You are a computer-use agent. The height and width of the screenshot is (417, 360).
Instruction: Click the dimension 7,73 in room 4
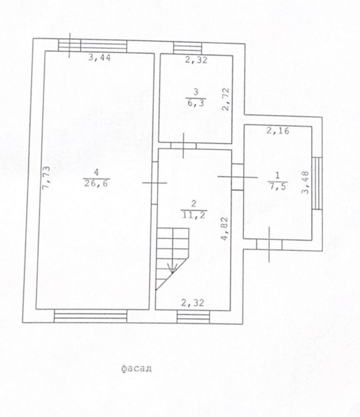click(46, 178)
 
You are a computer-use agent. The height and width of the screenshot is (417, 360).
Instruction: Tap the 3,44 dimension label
click(99, 57)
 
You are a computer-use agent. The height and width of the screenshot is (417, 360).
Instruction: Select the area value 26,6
click(96, 183)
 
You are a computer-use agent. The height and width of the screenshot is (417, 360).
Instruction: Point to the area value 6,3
click(196, 103)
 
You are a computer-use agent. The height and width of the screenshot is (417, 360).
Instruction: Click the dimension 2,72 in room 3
click(225, 100)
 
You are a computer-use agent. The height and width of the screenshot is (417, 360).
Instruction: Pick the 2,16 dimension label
click(277, 131)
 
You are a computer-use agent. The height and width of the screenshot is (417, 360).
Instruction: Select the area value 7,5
click(277, 186)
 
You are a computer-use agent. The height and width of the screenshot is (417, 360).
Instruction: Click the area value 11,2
click(194, 214)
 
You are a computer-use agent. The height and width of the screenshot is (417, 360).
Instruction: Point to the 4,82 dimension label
click(225, 229)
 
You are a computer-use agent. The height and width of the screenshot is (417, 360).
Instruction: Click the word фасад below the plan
click(137, 369)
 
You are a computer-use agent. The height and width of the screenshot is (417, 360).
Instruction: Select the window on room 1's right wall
click(317, 183)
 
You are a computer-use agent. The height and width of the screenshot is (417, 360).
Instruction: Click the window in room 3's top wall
click(187, 48)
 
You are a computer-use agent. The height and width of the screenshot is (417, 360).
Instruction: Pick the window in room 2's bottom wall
click(193, 317)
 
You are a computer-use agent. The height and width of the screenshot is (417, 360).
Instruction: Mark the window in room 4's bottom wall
click(90, 316)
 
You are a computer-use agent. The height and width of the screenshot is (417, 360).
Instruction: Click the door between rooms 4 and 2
click(155, 183)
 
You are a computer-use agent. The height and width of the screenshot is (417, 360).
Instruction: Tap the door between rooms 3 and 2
click(183, 146)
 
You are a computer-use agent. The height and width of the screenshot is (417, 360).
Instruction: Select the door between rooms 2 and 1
click(237, 177)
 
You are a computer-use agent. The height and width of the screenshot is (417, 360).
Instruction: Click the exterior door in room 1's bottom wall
click(269, 245)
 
